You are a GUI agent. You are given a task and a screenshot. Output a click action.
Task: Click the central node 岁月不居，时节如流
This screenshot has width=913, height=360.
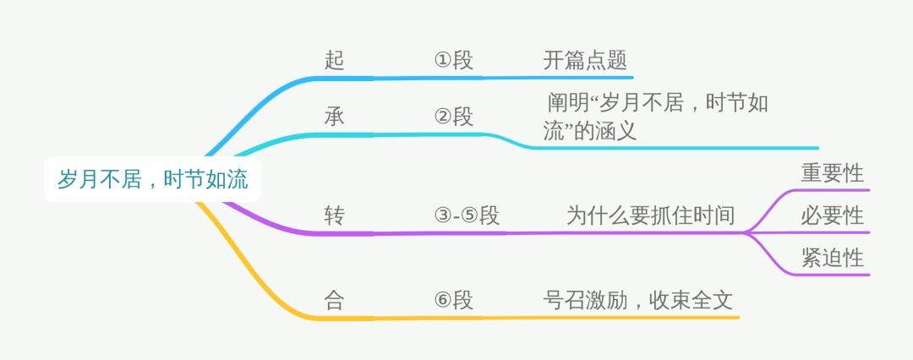[152, 180]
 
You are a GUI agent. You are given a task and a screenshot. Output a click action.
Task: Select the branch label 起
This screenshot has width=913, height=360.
[335, 61]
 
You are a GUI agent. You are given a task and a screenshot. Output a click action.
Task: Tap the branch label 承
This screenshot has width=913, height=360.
[335, 117]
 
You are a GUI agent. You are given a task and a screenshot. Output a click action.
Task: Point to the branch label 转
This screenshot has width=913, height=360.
[335, 215]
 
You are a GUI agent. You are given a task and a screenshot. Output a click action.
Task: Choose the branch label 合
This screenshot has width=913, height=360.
[335, 300]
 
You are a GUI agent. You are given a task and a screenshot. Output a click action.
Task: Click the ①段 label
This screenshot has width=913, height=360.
[454, 61]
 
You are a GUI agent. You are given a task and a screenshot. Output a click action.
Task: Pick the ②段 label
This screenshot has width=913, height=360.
[454, 117]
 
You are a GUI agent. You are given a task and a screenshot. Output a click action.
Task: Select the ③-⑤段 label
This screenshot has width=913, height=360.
[466, 215]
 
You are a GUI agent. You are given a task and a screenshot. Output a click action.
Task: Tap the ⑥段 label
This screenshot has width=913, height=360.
[454, 300]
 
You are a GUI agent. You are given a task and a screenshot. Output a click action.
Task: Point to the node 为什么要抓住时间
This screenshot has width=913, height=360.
[650, 215]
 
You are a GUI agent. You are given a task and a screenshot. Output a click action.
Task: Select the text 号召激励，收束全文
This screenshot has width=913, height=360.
[637, 300]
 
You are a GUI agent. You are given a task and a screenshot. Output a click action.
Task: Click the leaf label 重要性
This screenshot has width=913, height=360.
[832, 173]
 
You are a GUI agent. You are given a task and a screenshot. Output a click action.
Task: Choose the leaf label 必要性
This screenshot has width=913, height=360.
[832, 215]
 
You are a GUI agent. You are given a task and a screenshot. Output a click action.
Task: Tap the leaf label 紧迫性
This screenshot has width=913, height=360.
[832, 257]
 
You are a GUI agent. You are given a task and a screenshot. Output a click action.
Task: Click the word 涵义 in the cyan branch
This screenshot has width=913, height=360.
[618, 132]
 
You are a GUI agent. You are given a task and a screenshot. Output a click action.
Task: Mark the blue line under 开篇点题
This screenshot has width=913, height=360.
[575, 77]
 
